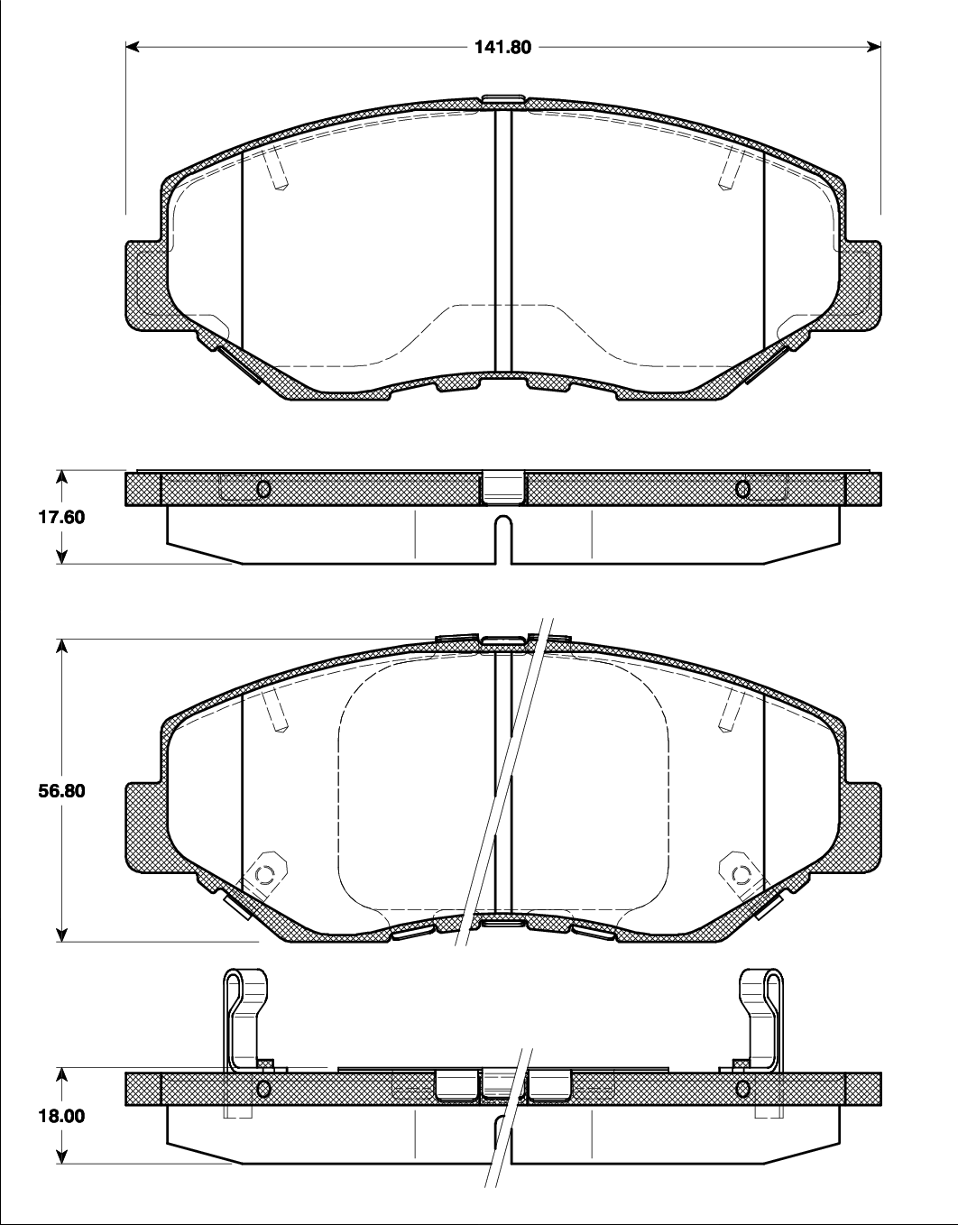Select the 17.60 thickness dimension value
click(34, 518)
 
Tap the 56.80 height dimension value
click(34, 790)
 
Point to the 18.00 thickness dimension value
click(34, 1115)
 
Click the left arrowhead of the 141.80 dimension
click(132, 48)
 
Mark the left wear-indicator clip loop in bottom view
click(245, 992)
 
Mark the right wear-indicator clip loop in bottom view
click(760, 992)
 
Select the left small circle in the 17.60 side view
click(264, 489)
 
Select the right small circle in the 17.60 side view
click(742, 489)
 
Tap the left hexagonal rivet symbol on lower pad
click(264, 874)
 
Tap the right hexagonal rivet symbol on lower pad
click(741, 874)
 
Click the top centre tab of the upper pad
click(503, 100)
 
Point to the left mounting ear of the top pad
click(144, 285)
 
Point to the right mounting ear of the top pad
click(861, 285)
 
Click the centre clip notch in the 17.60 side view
click(503, 487)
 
